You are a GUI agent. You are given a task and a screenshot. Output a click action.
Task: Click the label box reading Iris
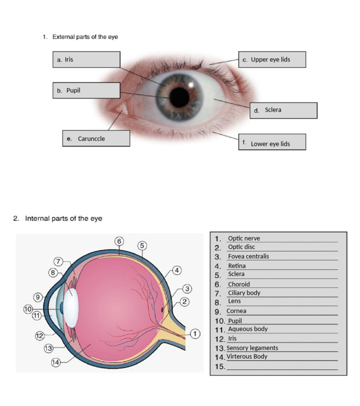click(86, 60)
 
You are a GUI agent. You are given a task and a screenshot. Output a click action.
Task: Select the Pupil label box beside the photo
click(86, 90)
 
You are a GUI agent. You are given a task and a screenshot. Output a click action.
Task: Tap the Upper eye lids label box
click(272, 60)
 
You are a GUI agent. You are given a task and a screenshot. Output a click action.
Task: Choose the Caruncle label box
click(96, 138)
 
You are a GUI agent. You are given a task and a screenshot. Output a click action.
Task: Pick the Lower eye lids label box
click(272, 142)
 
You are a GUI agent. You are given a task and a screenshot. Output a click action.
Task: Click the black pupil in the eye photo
click(180, 98)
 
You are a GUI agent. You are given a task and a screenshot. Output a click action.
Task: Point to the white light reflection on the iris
click(191, 85)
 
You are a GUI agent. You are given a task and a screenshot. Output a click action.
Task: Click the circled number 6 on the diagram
click(119, 241)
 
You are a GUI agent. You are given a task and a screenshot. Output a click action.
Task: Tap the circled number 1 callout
click(195, 333)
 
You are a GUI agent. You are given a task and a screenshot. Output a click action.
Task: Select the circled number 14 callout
click(56, 362)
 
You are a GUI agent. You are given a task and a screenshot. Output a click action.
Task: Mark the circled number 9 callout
click(38, 297)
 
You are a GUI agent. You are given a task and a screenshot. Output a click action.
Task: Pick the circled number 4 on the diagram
click(177, 271)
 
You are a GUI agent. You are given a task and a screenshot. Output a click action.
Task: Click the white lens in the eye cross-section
click(71, 308)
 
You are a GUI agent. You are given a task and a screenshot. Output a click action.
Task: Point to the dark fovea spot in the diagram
click(163, 309)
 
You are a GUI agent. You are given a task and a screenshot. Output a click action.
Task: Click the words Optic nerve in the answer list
click(244, 238)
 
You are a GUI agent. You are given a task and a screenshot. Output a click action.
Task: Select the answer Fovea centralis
click(248, 256)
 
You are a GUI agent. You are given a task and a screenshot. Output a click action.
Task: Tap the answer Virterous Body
click(247, 357)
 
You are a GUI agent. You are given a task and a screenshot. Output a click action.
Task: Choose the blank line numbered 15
click(282, 369)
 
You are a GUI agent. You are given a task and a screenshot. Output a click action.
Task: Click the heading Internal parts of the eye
click(63, 218)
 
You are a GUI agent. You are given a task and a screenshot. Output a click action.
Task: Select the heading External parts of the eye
click(85, 37)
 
